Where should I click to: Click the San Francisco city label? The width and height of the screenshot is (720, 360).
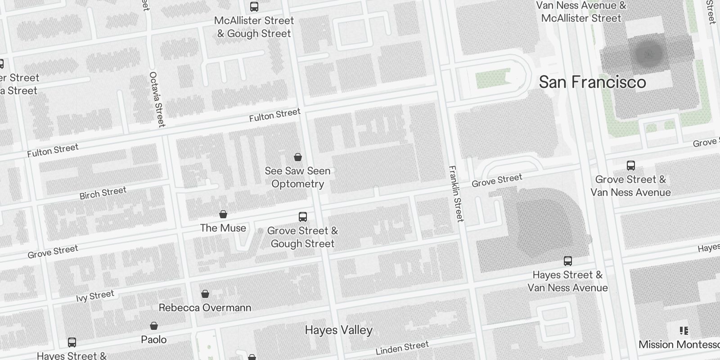point(592,82)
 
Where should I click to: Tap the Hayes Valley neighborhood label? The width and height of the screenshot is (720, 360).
point(338,330)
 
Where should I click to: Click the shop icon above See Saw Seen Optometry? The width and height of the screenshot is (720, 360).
point(297,157)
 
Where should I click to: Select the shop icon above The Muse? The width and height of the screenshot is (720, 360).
point(223,214)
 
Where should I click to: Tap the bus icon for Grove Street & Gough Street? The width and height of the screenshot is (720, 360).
point(303,217)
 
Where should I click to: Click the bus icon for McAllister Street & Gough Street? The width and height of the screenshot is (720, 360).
point(254,7)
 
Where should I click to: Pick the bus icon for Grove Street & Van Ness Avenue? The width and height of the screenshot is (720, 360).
point(631,166)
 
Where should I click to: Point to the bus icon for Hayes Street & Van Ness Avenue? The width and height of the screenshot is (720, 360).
point(568,261)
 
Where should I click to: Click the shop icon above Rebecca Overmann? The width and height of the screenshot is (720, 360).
point(205,294)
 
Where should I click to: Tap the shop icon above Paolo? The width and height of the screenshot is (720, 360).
point(154,326)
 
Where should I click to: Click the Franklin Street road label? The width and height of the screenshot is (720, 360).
point(456,194)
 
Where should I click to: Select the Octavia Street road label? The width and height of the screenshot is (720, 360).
point(157,99)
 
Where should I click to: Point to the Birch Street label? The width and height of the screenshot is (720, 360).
point(103,193)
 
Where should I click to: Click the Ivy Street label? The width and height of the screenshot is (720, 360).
point(95,296)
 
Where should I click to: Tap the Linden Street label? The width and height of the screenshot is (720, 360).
point(402,348)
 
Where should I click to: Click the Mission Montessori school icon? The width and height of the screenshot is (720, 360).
point(684,331)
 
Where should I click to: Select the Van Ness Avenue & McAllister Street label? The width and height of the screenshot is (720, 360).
point(581,12)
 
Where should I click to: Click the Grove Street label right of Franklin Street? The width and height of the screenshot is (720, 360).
point(497,180)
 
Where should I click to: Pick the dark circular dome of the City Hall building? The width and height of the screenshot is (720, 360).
point(648,54)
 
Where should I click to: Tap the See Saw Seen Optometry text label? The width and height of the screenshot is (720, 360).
point(297,177)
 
